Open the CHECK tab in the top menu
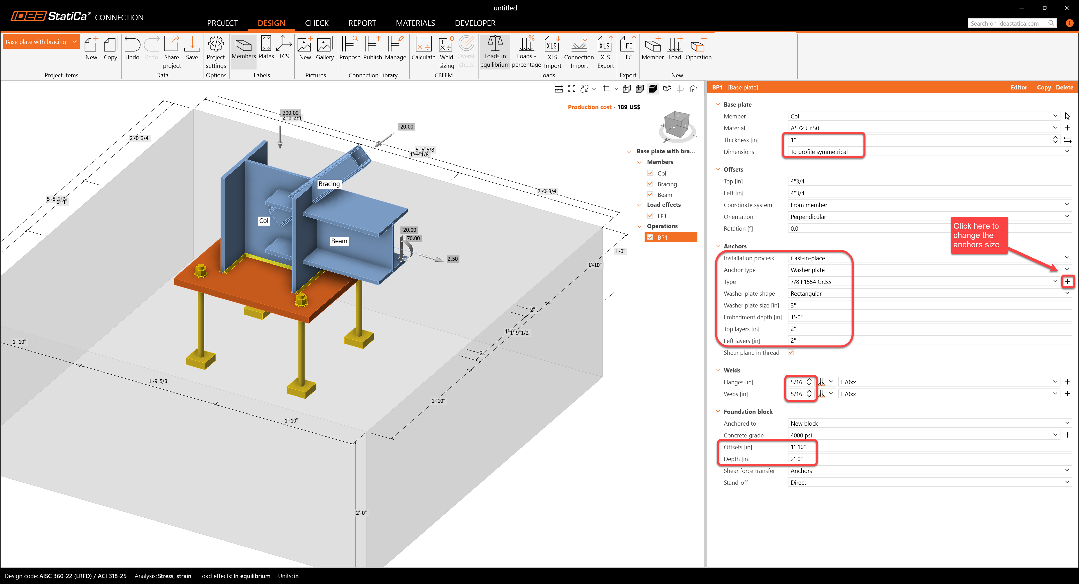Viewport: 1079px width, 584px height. [x=317, y=23]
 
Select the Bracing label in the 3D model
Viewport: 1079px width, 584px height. [x=329, y=184]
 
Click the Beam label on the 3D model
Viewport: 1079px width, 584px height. [x=339, y=241]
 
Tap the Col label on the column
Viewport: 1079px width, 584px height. [x=264, y=221]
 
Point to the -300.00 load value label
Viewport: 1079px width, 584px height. [x=290, y=113]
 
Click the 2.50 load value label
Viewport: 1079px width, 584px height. [x=452, y=259]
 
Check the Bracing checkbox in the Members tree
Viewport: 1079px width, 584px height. [x=650, y=184]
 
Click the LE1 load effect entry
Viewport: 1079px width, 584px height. [x=662, y=216]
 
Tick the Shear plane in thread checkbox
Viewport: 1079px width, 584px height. [x=791, y=352]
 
